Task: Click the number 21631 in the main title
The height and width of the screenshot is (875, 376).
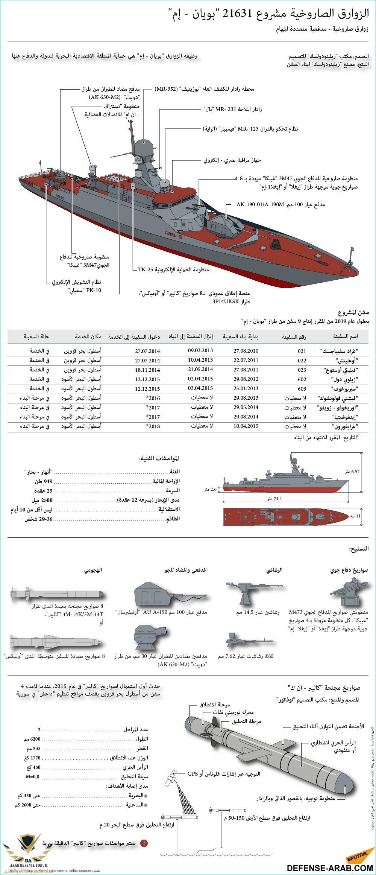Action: pos(237,14)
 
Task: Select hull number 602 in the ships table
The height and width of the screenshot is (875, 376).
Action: pos(302,379)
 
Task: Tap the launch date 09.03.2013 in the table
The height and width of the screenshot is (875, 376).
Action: pos(200,350)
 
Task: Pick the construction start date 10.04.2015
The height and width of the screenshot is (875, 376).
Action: pos(246,426)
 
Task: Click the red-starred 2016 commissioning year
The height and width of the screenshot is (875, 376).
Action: pos(153,398)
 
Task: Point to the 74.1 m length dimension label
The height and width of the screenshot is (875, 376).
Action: pos(275,499)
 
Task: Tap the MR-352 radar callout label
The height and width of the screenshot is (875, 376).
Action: pos(166,89)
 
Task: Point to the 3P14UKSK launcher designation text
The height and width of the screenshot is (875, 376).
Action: pos(231,301)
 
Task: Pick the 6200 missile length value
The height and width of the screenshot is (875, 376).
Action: pos(33,739)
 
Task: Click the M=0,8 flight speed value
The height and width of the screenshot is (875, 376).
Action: pos(32,776)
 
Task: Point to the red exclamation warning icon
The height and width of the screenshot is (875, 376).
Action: pos(144,843)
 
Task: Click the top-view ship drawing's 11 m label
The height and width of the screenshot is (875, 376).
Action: pos(355,516)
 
